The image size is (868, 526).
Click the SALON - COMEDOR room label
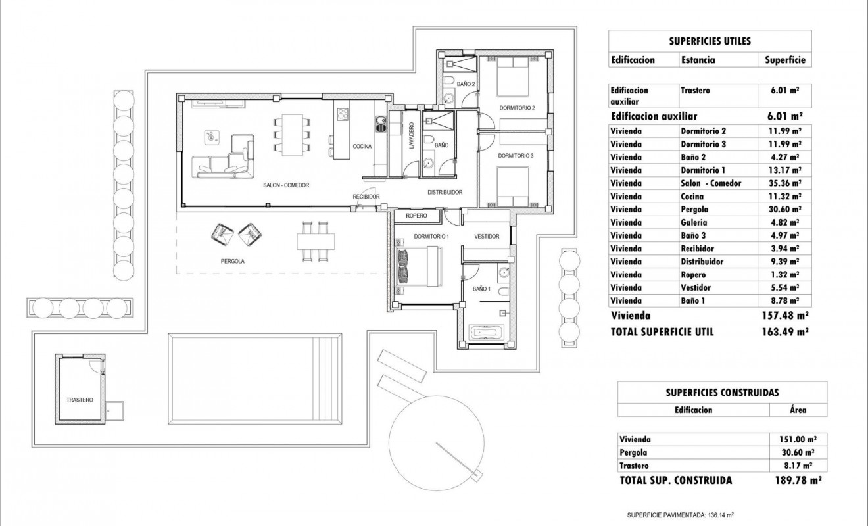(286, 185)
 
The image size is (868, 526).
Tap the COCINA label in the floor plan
(362, 147)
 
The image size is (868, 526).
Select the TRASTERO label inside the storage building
(80, 400)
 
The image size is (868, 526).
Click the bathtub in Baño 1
(487, 333)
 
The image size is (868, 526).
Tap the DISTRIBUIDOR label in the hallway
(445, 193)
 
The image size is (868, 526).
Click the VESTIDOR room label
(487, 237)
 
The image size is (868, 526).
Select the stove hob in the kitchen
(343, 116)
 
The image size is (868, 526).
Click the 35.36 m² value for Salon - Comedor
(785, 183)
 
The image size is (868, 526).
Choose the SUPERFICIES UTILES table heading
(710, 41)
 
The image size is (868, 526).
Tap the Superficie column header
(785, 60)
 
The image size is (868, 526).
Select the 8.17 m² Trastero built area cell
(798, 466)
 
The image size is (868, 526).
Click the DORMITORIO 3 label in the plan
(516, 156)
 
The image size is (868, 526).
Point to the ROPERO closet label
(417, 216)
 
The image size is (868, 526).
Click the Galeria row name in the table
(694, 223)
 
